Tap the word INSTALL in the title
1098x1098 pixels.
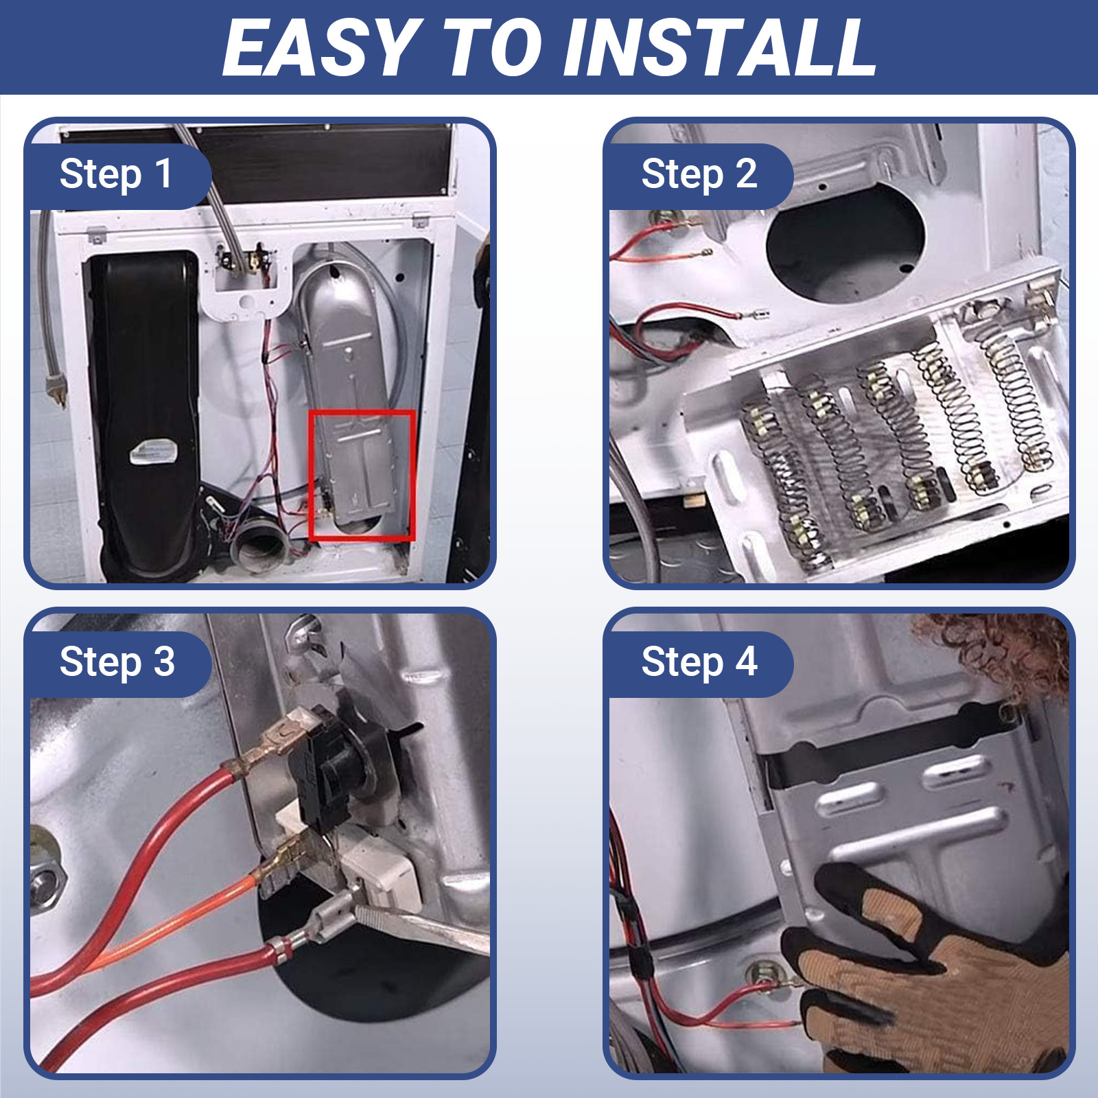[720, 48]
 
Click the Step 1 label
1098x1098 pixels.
[116, 174]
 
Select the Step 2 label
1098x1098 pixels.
[699, 174]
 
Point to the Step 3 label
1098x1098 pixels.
[117, 662]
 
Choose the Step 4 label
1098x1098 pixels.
[699, 662]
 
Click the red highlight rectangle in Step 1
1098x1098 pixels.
[310, 475]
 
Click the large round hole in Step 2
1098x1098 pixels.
[845, 244]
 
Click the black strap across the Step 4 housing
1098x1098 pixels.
[892, 745]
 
